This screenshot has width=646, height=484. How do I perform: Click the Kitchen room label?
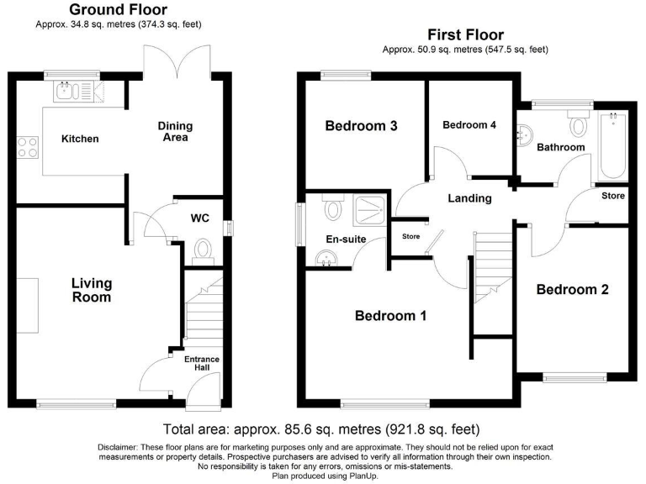pos(80,139)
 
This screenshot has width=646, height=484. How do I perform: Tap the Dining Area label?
pos(175,132)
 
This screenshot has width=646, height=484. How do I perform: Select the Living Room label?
pos(91,290)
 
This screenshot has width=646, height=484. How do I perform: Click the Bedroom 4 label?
pos(469,125)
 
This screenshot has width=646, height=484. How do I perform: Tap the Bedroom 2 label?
pos(572,290)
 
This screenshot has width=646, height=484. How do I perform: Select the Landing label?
pos(469,198)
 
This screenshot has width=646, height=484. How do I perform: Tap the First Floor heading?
pos(465,34)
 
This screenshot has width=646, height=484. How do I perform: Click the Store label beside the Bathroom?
pos(612,196)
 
